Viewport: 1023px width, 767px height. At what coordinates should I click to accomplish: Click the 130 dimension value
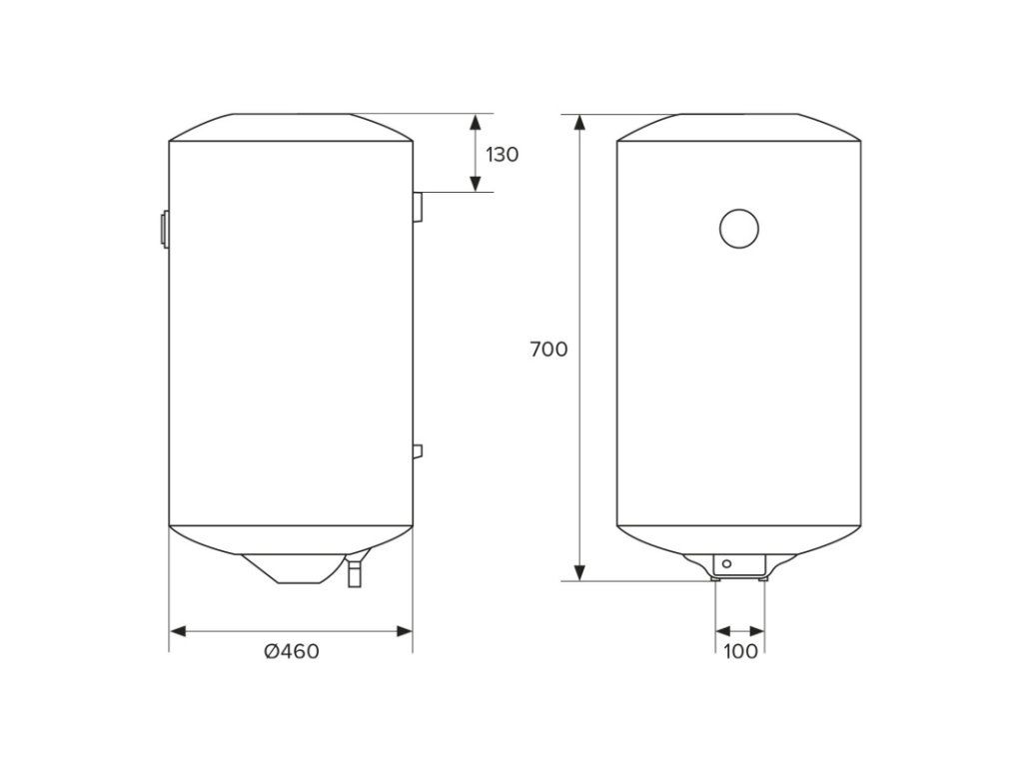point(502,155)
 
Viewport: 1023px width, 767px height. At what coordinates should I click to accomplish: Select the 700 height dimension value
point(548,350)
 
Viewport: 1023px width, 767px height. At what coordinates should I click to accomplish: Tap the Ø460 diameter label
point(292,651)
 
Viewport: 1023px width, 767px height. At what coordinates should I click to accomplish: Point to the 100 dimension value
point(740,651)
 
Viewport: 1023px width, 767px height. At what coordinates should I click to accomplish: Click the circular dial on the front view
point(738,229)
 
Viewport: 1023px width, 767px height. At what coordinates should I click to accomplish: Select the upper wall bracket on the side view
point(418,206)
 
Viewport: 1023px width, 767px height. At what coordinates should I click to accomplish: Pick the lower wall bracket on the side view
point(418,451)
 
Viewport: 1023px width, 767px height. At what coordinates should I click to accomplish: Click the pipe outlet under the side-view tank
point(355,573)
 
